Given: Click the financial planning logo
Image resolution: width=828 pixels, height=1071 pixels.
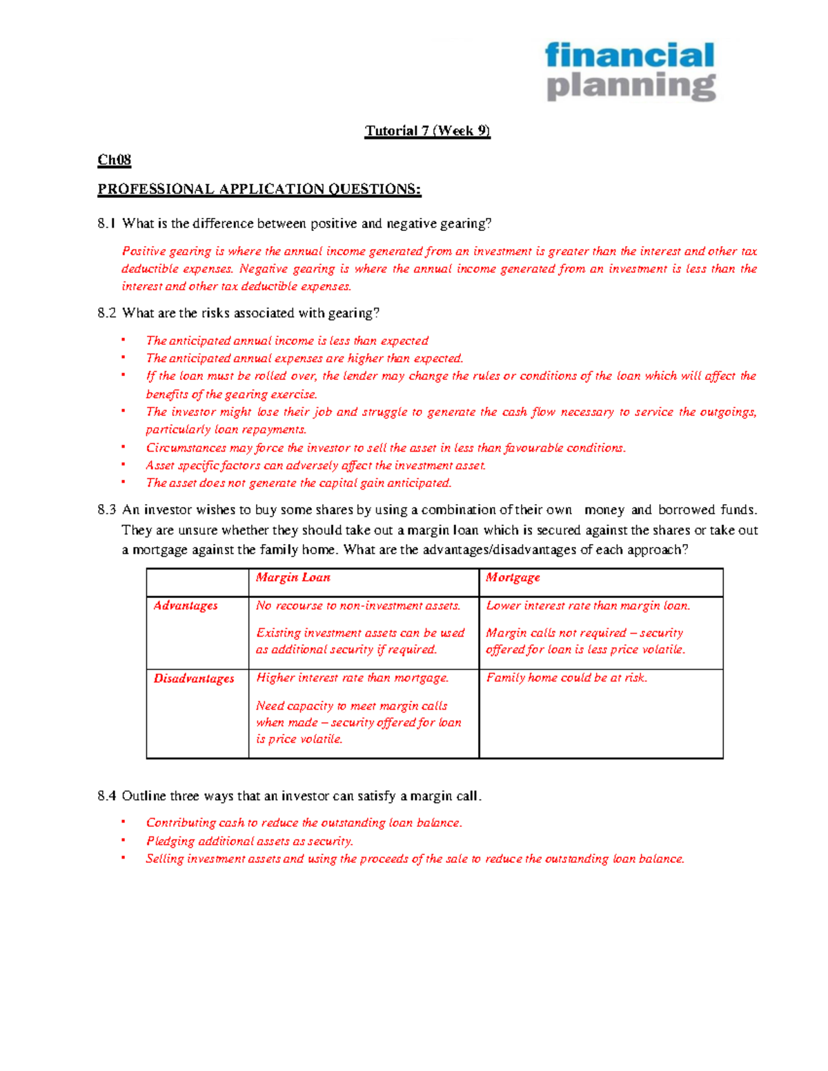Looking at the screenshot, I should [630, 71].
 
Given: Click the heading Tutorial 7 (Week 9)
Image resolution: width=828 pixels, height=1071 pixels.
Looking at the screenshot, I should [427, 131].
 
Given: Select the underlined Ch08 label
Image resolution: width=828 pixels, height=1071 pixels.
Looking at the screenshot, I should [114, 160].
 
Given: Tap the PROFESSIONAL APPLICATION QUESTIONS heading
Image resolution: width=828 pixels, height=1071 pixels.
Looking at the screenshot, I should [259, 189].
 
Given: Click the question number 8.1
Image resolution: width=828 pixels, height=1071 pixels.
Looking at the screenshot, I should [107, 223].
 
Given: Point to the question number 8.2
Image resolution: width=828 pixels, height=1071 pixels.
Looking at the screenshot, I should [107, 313].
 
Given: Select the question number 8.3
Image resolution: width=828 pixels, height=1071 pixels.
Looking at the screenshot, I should [107, 510].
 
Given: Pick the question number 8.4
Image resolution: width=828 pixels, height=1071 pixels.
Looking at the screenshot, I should [107, 796].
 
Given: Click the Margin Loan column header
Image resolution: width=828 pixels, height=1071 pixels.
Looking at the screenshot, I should [293, 577].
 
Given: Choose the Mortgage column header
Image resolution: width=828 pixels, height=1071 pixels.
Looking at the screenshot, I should [513, 577].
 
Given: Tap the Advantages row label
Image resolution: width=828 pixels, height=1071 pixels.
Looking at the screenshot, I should [186, 605].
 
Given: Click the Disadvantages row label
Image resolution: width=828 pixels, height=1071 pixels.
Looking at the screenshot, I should [194, 679].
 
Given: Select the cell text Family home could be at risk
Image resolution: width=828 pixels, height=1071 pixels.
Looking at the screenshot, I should [566, 678].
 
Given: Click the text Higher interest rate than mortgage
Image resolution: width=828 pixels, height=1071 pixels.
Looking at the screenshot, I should [352, 678].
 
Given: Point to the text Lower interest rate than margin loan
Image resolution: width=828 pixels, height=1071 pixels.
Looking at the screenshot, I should [588, 605].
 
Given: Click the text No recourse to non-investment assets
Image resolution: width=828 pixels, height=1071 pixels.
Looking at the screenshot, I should [358, 605].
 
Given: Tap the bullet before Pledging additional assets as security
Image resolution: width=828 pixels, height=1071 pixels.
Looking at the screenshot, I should [124, 840].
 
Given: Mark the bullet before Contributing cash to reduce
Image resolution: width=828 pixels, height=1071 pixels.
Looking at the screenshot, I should [124, 821].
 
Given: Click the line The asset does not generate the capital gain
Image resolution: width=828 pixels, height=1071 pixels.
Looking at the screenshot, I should [298, 483].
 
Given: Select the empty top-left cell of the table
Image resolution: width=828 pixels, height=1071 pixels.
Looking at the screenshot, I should [197, 582].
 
